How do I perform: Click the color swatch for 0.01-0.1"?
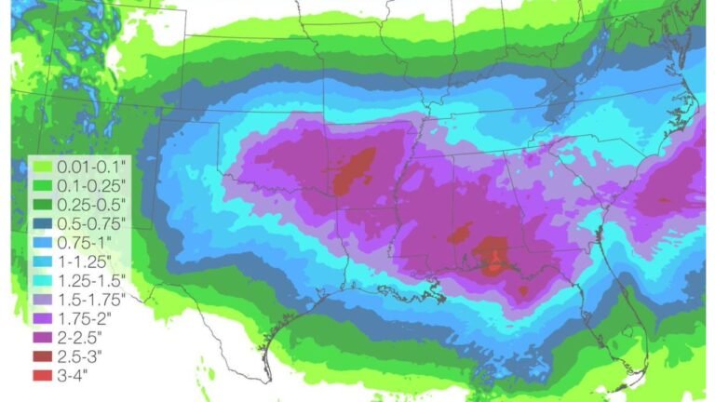pyautogui.click(x=41, y=166)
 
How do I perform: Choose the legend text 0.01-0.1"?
pyautogui.click(x=92, y=166)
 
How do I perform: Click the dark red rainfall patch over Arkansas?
pyautogui.click(x=354, y=167)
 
